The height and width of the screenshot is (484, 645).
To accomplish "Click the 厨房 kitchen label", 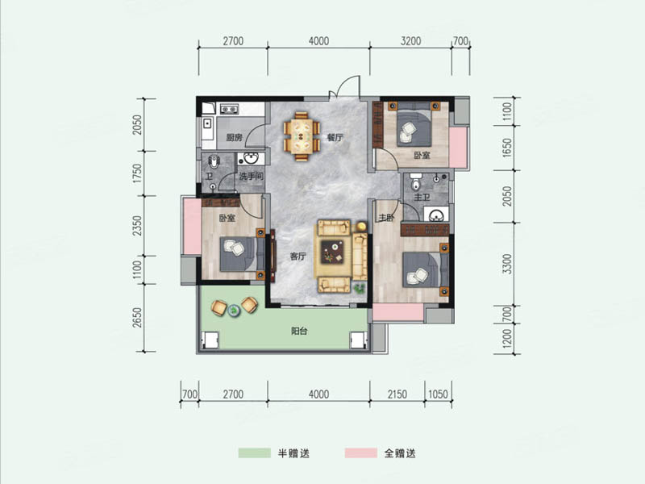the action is click(x=234, y=137).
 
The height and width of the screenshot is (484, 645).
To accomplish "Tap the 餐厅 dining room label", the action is click(x=335, y=137).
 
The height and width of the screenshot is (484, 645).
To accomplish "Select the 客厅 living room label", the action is click(x=298, y=257).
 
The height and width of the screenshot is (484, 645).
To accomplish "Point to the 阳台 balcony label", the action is click(x=299, y=331).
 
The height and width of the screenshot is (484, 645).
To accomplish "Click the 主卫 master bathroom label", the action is click(x=422, y=197).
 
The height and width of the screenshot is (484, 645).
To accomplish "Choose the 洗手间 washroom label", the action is click(x=251, y=177).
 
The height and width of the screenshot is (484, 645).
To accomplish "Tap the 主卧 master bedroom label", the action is click(x=386, y=218).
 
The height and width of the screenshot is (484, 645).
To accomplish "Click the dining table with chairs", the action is click(x=302, y=136).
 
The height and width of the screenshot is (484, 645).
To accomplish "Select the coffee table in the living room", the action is click(x=332, y=252).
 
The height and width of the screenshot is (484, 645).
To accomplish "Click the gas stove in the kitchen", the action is click(x=229, y=109).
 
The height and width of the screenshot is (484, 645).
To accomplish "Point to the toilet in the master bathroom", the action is click(x=416, y=181).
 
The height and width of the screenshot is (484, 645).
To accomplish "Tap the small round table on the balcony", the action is click(x=234, y=310).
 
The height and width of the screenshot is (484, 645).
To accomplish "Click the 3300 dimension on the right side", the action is click(x=508, y=264).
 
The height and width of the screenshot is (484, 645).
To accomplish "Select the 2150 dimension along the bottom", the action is click(x=397, y=394).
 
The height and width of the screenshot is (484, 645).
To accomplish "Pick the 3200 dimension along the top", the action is click(x=410, y=41).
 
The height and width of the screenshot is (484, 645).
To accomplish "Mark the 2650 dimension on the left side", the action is click(x=137, y=317).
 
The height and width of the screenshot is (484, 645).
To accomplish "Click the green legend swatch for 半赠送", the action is click(x=255, y=453).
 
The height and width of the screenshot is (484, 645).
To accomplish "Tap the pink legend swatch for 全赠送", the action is click(x=360, y=453).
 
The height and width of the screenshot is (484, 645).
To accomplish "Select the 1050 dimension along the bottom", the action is click(x=438, y=394).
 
